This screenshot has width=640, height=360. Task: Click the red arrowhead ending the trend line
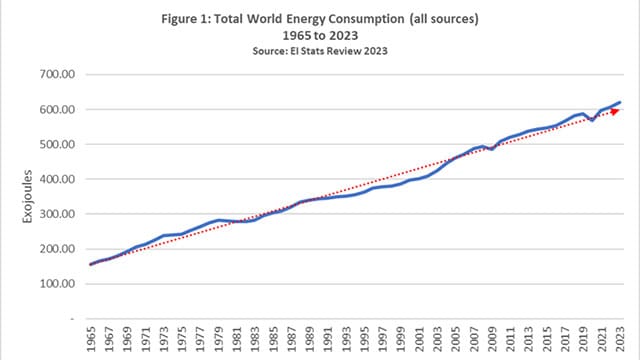614,110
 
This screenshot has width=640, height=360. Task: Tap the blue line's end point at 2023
619,102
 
